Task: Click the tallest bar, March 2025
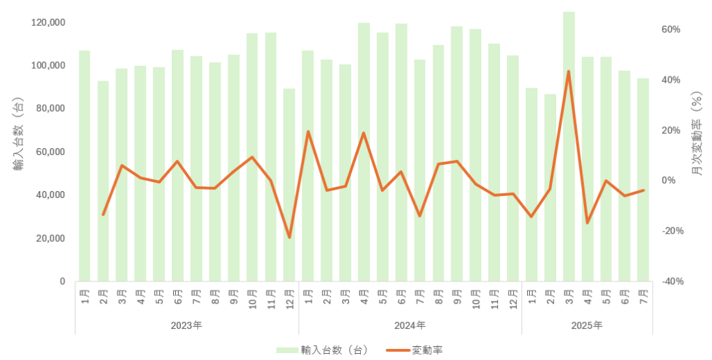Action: click(x=569, y=146)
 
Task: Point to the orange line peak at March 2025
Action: click(x=569, y=71)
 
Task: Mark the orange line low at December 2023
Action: click(x=289, y=238)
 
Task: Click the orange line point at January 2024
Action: click(x=308, y=131)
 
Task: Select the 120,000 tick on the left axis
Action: click(x=49, y=23)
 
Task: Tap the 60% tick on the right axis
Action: click(x=670, y=30)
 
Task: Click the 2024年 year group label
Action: click(x=410, y=325)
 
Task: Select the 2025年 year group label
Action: click(x=588, y=325)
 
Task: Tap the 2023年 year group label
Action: click(x=186, y=325)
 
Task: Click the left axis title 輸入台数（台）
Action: click(x=18, y=136)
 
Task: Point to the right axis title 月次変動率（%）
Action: click(x=696, y=136)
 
